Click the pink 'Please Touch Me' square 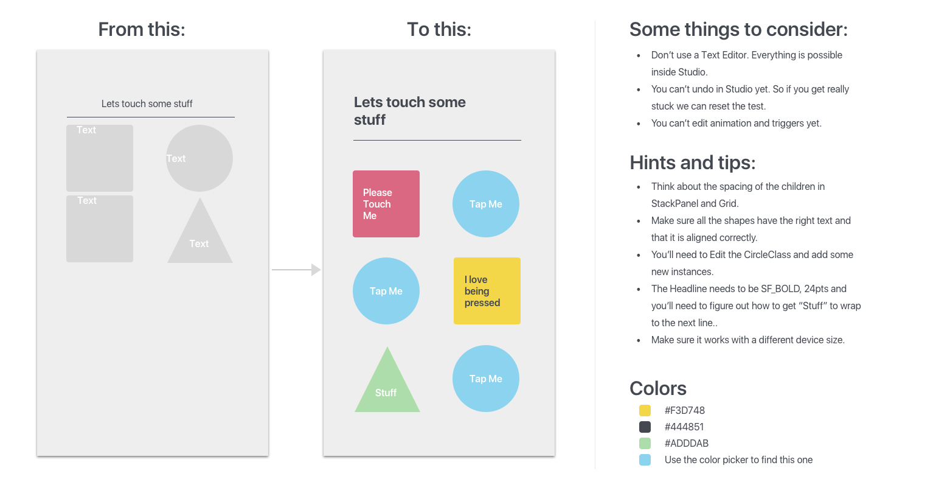click(x=386, y=204)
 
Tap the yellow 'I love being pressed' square click(x=487, y=291)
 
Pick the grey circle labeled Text click(x=199, y=158)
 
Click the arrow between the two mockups click(x=296, y=269)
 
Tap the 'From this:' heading click(x=142, y=29)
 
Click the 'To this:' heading click(x=439, y=29)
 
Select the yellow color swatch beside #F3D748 click(x=645, y=411)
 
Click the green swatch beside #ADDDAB click(x=645, y=444)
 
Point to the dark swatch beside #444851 click(x=645, y=427)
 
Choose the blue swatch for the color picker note click(x=645, y=460)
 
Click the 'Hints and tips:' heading click(x=693, y=163)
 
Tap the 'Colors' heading click(x=657, y=388)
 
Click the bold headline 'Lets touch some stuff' click(x=409, y=111)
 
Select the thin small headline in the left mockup click(x=147, y=104)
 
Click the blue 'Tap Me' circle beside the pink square click(x=485, y=204)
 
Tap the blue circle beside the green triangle click(x=485, y=379)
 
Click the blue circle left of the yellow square click(x=386, y=291)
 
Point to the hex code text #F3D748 click(x=684, y=411)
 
